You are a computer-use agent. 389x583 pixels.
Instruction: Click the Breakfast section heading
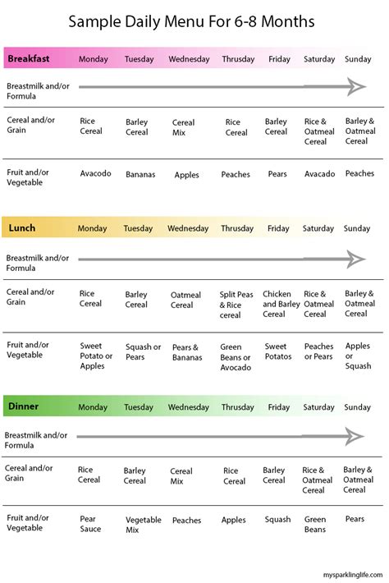click(x=29, y=59)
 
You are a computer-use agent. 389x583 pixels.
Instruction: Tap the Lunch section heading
click(x=22, y=228)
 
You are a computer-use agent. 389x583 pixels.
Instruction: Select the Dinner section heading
click(x=25, y=406)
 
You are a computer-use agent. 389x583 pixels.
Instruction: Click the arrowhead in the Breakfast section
click(x=355, y=87)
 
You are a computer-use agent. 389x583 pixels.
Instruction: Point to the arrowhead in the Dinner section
click(x=355, y=436)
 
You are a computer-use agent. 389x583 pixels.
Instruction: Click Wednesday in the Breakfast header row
click(x=189, y=59)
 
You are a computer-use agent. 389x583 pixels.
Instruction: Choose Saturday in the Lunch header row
click(x=319, y=228)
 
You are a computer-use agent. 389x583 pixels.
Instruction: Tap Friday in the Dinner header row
click(x=279, y=407)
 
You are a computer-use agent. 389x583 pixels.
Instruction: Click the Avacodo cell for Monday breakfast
click(x=96, y=173)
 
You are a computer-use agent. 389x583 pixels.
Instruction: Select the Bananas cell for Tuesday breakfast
click(x=140, y=174)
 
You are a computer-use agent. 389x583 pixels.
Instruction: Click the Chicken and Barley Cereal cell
click(x=281, y=304)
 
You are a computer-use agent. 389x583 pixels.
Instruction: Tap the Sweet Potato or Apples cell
click(x=96, y=356)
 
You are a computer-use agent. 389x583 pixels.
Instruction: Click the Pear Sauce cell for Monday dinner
click(x=90, y=524)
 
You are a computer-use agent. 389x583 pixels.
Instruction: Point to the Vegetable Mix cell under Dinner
click(x=144, y=525)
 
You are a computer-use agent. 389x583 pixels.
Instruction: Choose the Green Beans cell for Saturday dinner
click(x=315, y=524)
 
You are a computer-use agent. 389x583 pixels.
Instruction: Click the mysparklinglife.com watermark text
click(x=346, y=574)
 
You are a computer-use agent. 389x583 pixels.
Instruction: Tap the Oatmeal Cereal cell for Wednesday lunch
click(x=185, y=300)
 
